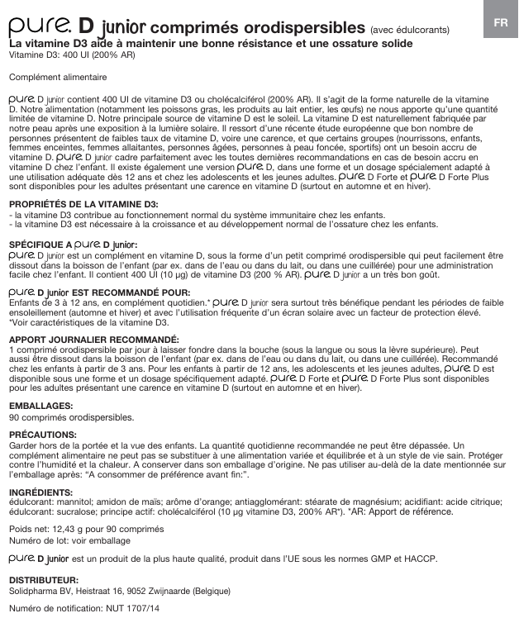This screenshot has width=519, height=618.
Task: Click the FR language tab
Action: coord(500,22)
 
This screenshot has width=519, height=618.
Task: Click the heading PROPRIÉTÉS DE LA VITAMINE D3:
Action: coord(83,203)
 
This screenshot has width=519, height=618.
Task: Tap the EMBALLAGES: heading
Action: coord(40,406)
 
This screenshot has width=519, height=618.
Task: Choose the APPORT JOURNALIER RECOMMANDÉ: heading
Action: coord(93,340)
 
